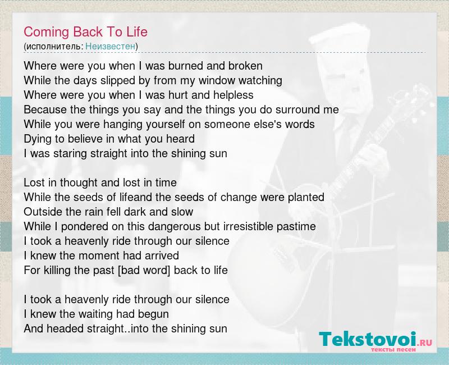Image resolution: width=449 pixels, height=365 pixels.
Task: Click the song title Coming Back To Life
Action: pos(85,32)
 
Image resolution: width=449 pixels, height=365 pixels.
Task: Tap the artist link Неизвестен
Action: pos(110,47)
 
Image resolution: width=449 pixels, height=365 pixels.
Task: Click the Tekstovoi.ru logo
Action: pos(375,341)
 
